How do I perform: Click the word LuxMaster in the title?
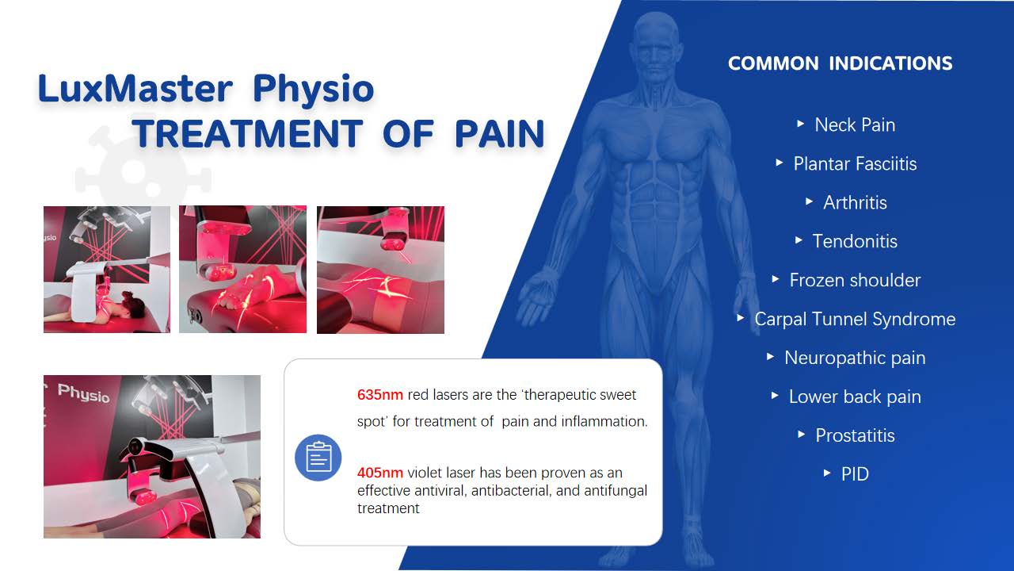click(x=135, y=88)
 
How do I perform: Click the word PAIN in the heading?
click(x=499, y=134)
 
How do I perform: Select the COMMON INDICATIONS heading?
click(x=841, y=63)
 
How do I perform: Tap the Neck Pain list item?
click(x=855, y=125)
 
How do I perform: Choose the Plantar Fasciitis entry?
click(x=855, y=163)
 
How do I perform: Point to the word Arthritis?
click(x=855, y=202)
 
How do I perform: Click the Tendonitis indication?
click(x=855, y=241)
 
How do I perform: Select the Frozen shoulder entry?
click(x=855, y=280)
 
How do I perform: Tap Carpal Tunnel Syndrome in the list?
click(x=855, y=319)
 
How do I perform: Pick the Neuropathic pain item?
click(x=855, y=358)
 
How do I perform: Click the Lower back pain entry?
click(x=855, y=397)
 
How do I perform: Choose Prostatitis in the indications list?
click(x=855, y=435)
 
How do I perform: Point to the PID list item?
click(x=855, y=474)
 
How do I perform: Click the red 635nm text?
click(x=379, y=395)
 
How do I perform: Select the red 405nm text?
click(x=379, y=473)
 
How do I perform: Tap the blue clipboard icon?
click(x=318, y=458)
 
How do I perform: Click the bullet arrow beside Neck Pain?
click(x=800, y=123)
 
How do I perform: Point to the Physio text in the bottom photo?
click(x=84, y=393)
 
